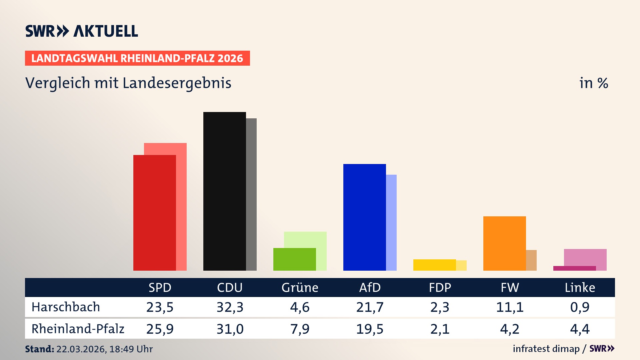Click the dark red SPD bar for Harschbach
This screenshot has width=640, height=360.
(154, 213)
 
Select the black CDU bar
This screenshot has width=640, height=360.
(224, 192)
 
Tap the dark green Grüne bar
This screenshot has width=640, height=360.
(294, 259)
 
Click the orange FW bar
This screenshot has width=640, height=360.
(504, 243)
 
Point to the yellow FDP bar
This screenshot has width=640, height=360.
(434, 265)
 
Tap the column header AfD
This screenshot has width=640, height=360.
(370, 288)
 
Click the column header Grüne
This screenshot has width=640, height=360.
(300, 288)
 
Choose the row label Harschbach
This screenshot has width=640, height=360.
(66, 307)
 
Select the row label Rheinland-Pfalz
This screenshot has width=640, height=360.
(78, 329)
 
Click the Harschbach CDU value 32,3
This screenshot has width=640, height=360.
(230, 307)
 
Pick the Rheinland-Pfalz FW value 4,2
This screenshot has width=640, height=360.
(510, 329)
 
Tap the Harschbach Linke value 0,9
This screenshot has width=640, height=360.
(580, 307)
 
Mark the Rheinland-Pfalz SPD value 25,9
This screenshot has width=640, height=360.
(160, 329)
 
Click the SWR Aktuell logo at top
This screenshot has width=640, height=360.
(82, 31)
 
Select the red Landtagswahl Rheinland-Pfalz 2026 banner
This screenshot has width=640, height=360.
(137, 58)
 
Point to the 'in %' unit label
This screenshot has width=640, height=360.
(594, 83)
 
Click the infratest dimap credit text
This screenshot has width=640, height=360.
(546, 349)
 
